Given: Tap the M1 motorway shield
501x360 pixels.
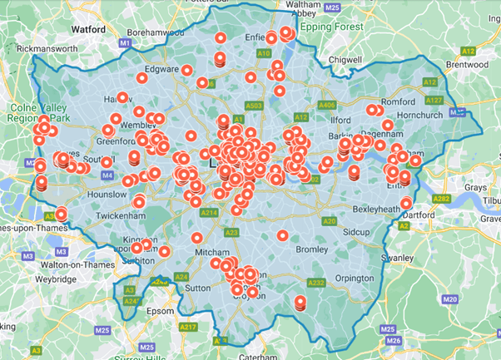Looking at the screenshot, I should tap(125, 42).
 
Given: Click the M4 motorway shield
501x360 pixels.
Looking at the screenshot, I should tap(107, 176).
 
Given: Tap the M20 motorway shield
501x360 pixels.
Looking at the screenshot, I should tap(450, 298).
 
